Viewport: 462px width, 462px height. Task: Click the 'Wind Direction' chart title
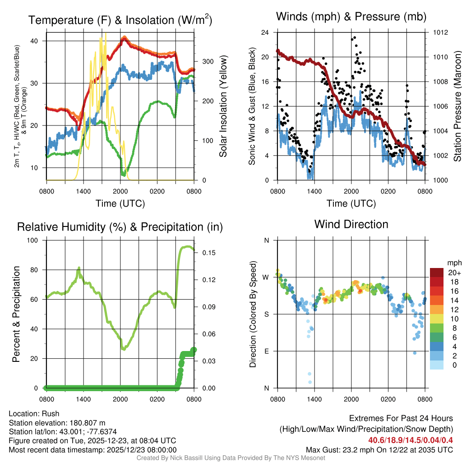(x=351, y=224)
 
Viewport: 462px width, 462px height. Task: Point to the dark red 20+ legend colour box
(x=436, y=273)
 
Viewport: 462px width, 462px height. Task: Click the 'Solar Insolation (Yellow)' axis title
(x=223, y=106)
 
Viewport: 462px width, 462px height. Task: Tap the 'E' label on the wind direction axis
(x=266, y=351)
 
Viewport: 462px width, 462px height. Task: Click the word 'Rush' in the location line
(x=51, y=414)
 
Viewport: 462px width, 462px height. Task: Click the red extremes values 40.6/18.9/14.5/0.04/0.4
(x=411, y=440)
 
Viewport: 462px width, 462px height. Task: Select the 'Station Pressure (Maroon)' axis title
(x=457, y=106)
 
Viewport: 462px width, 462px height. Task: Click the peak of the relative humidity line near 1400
(x=79, y=268)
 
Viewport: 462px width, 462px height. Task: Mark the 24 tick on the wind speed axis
(x=265, y=32)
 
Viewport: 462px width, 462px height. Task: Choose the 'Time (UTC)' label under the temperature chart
(x=120, y=203)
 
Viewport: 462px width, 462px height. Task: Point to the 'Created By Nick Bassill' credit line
(x=231, y=458)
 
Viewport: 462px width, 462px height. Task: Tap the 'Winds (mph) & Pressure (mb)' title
(x=351, y=17)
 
